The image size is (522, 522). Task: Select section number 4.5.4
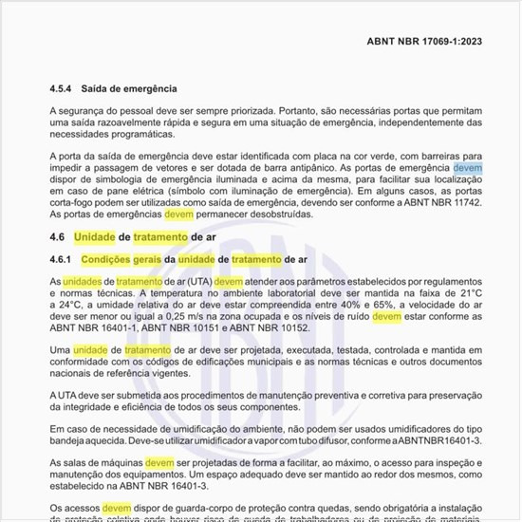pos(64,88)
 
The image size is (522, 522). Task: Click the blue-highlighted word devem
pos(468,168)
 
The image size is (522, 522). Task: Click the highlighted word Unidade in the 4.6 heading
pos(95,237)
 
